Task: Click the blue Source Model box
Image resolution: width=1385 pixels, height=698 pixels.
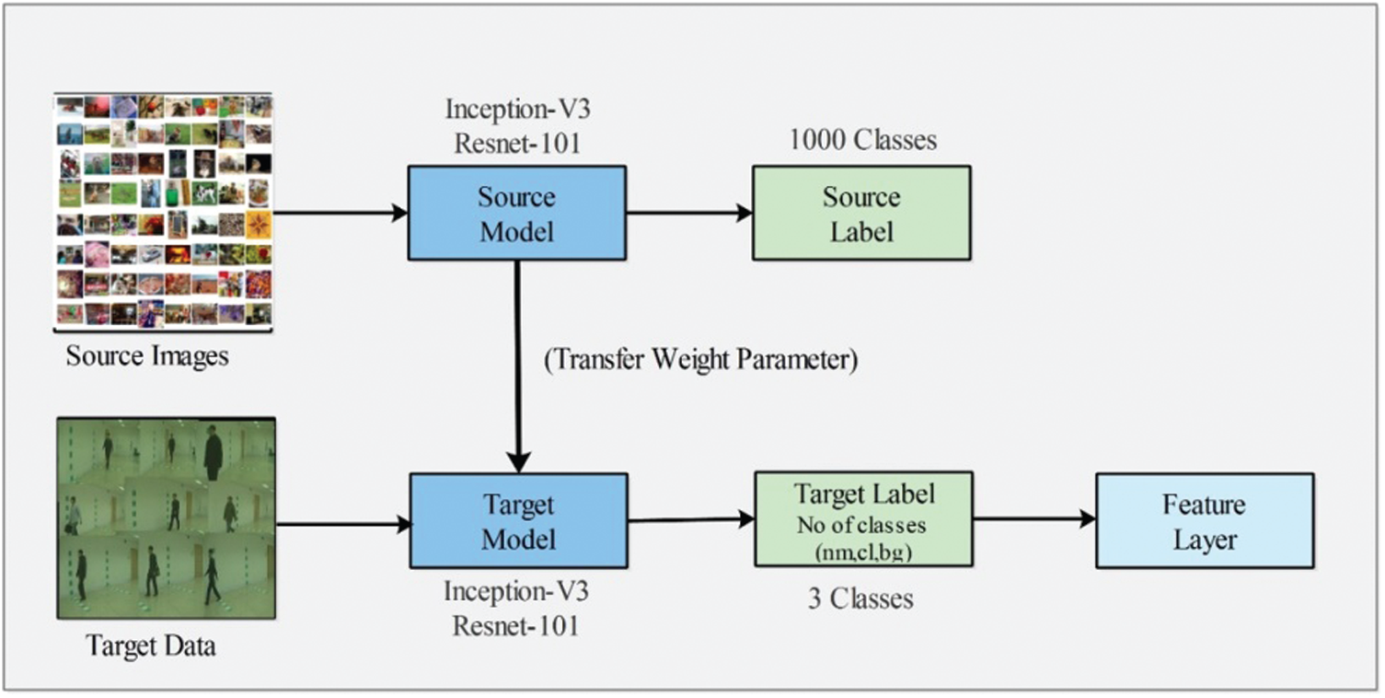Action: [x=517, y=213]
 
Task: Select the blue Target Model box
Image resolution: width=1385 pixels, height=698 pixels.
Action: [x=518, y=520]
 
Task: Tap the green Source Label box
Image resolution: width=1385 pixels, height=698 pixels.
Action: [x=861, y=213]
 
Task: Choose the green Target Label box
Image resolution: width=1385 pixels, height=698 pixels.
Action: [x=863, y=519]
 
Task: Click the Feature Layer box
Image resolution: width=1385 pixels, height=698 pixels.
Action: [x=1204, y=520]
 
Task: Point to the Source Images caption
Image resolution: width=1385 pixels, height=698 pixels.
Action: [x=147, y=355]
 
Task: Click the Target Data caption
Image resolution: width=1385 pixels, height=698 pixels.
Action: [x=151, y=646]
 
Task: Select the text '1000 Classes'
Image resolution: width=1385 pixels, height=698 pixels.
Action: [x=862, y=140]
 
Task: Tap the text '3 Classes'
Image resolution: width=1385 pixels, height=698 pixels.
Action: [x=860, y=599]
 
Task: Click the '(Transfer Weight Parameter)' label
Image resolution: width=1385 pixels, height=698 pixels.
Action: [x=701, y=360]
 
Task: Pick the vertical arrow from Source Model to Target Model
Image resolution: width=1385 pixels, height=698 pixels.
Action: [x=519, y=368]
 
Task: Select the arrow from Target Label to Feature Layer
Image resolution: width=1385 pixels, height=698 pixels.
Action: [x=1033, y=519]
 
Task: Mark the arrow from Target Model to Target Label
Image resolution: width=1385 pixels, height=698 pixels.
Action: [x=690, y=520]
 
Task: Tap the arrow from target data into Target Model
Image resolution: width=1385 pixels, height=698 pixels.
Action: [x=342, y=525]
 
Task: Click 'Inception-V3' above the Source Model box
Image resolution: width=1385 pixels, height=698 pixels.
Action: [x=516, y=110]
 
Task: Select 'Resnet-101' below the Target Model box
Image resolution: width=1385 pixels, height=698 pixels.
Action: [x=516, y=626]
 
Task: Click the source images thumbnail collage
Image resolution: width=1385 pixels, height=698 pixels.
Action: [x=164, y=211]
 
